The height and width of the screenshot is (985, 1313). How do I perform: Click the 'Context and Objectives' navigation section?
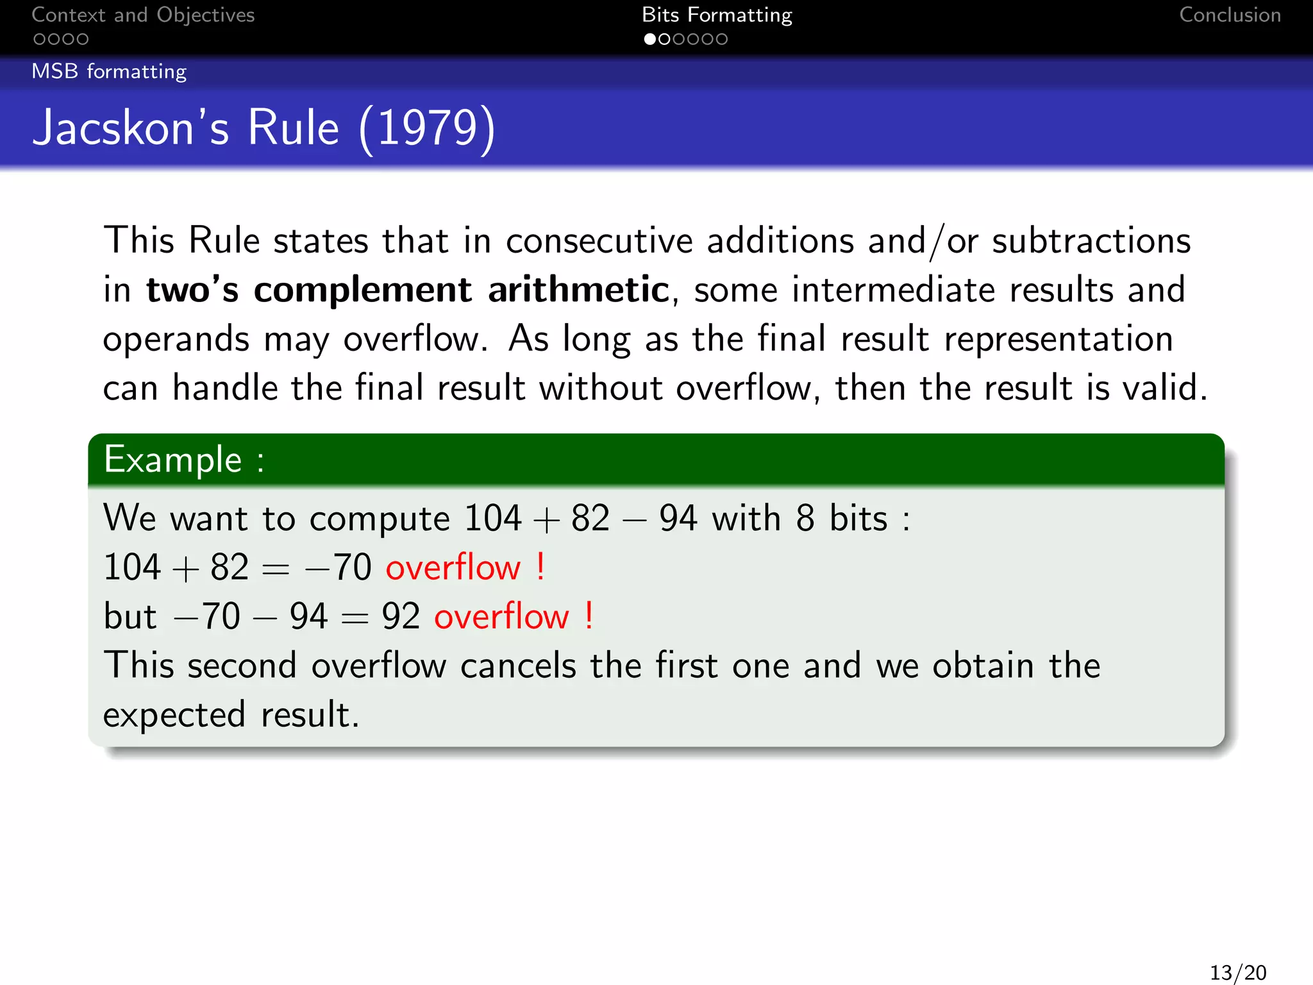(x=143, y=15)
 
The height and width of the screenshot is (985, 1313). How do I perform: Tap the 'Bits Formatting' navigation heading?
(x=717, y=15)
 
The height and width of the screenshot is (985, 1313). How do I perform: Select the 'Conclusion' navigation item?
(x=1230, y=15)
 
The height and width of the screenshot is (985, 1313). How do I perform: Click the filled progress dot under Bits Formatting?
(x=649, y=39)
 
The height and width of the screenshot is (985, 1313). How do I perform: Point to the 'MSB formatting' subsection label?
(x=109, y=71)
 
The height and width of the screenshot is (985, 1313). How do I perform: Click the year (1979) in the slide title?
(x=427, y=128)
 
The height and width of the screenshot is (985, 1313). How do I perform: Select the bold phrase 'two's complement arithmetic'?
(x=408, y=290)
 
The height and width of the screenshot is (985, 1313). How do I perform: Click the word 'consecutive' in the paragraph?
(x=599, y=241)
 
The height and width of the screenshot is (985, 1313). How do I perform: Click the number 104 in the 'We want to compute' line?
(x=492, y=518)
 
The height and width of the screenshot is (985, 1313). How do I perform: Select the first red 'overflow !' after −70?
(x=465, y=568)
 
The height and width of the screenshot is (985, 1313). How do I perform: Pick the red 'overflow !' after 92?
(x=514, y=617)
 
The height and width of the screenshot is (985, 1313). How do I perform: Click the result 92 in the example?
(x=401, y=617)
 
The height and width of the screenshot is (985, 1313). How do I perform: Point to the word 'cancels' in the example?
(x=518, y=666)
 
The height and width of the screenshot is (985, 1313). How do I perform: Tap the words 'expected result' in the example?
(x=231, y=715)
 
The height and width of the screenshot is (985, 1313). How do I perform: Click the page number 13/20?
(x=1237, y=972)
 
